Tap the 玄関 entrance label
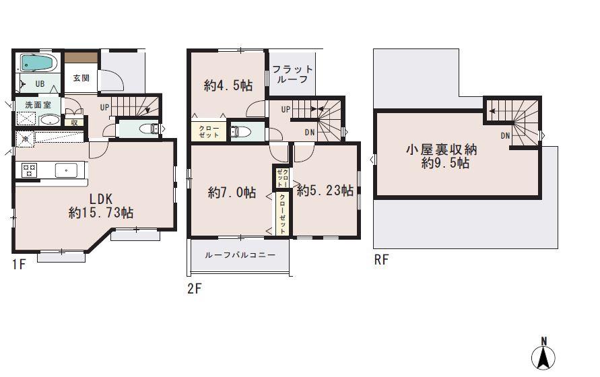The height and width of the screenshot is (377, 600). (x=81, y=77)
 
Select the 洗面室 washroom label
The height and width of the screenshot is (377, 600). (x=38, y=105)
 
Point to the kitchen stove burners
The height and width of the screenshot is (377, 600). (x=29, y=170)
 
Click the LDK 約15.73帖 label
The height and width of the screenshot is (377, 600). (x=101, y=205)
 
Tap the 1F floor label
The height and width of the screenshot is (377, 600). (x=18, y=265)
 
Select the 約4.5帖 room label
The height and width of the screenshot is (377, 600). (x=228, y=85)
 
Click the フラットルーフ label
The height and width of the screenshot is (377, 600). (x=292, y=73)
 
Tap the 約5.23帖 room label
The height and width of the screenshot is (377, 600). (x=325, y=191)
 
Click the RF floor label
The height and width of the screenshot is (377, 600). (x=381, y=260)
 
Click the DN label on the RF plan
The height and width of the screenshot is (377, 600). (x=506, y=135)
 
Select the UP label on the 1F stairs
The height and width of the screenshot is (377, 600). (x=105, y=107)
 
